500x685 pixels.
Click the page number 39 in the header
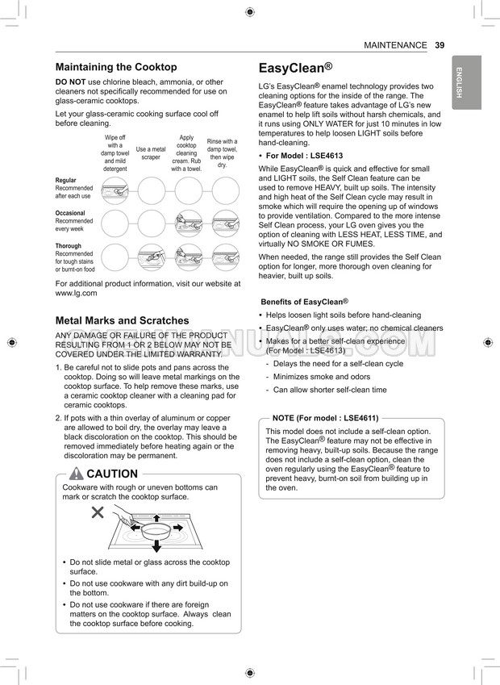[440, 45]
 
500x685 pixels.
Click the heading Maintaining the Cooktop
[116, 67]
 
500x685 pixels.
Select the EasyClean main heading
[295, 69]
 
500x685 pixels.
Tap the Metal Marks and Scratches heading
[122, 320]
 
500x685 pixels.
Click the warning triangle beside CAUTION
[77, 474]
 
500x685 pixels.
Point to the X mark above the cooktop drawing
[98, 512]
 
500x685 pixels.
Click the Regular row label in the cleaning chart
[66, 181]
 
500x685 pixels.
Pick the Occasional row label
[70, 214]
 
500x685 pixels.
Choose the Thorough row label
[69, 246]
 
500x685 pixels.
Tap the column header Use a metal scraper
[151, 153]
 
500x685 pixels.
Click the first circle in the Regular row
[115, 190]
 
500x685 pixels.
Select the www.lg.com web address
[76, 294]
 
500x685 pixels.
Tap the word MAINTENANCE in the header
[395, 45]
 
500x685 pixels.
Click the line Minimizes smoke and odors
[322, 377]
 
